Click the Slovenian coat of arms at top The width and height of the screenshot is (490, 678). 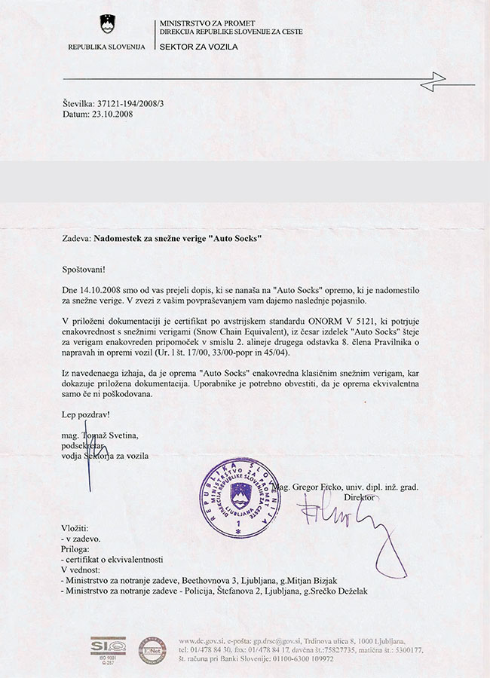106,24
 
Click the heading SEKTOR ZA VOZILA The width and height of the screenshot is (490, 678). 198,47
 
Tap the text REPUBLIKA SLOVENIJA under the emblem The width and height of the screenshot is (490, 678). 106,47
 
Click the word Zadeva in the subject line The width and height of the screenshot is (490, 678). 76,238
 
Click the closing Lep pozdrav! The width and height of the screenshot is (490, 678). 84,414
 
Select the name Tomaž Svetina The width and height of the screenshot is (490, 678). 113,435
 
